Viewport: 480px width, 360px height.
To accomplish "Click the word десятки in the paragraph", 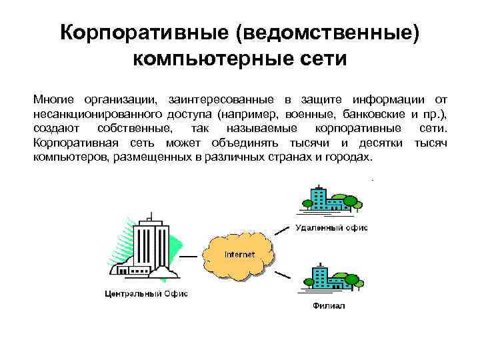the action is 381,143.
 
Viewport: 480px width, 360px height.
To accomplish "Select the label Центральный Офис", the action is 147,293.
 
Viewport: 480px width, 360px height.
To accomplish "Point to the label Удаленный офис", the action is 331,228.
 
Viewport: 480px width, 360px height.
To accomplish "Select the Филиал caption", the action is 328,306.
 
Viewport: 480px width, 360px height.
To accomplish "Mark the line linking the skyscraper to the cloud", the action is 192,255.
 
